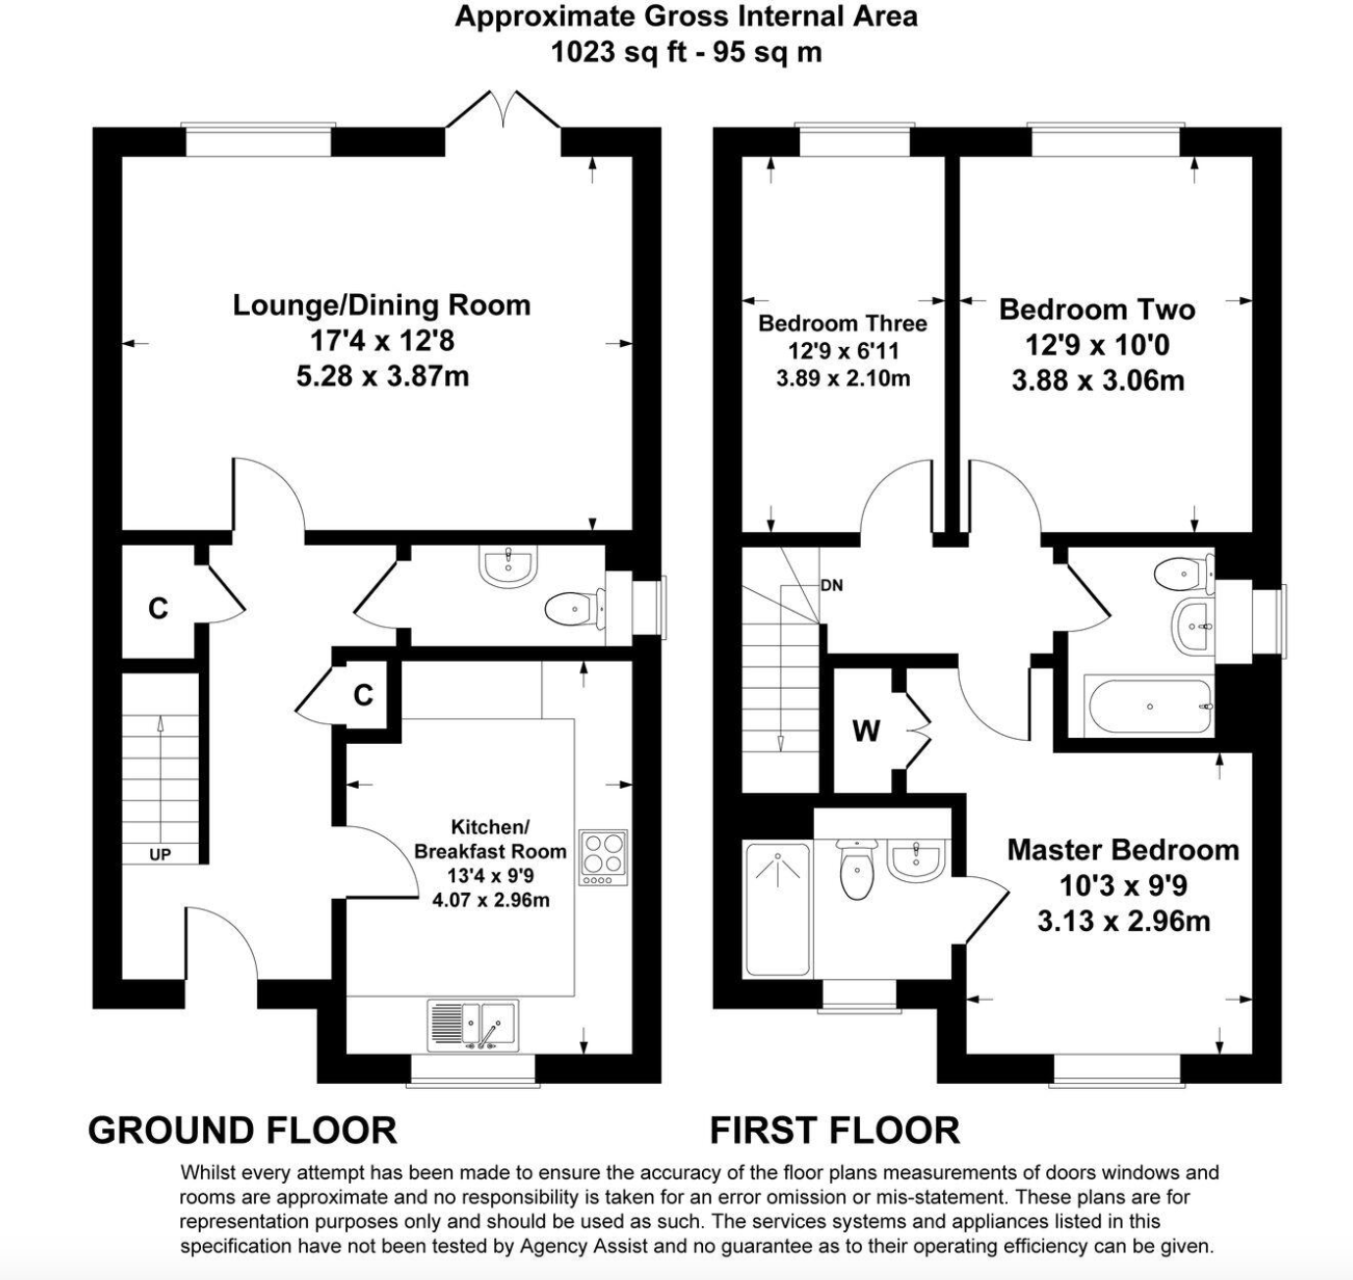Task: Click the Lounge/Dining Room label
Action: click(x=381, y=305)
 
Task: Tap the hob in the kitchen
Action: click(x=603, y=858)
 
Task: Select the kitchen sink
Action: click(x=473, y=1026)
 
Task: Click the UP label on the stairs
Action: click(x=160, y=855)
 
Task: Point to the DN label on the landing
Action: click(x=831, y=586)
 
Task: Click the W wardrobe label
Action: click(x=866, y=731)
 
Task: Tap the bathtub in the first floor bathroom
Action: click(x=1148, y=707)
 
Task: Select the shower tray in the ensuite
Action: click(x=777, y=910)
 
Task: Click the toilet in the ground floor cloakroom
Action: click(x=574, y=609)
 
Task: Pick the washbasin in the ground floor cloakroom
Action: click(x=507, y=566)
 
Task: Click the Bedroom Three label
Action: click(x=842, y=323)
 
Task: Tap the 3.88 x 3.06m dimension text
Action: click(x=1098, y=380)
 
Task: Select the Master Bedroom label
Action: click(x=1123, y=850)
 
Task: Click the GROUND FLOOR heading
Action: click(x=242, y=1130)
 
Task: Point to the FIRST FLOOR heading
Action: click(x=834, y=1130)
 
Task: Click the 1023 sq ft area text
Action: click(x=619, y=52)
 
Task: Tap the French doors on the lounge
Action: click(x=503, y=110)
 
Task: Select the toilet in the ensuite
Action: click(x=857, y=869)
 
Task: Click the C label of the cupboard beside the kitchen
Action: click(x=363, y=695)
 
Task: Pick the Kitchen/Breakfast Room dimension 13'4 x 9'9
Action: click(x=490, y=875)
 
